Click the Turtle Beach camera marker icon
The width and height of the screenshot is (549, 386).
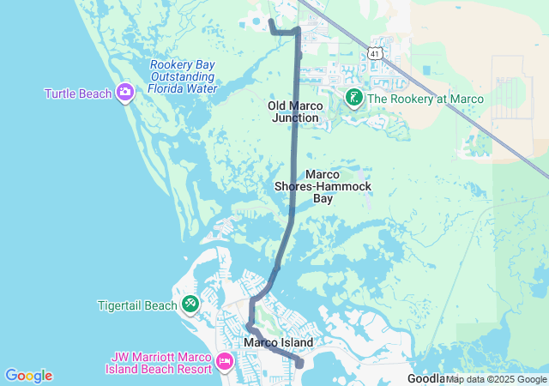pyautogui.click(x=125, y=92)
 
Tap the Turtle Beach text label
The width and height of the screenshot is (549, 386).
pyautogui.click(x=78, y=93)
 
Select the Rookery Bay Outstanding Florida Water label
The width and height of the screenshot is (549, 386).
pyautogui.click(x=183, y=76)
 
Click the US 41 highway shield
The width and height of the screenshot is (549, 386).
pyautogui.click(x=374, y=53)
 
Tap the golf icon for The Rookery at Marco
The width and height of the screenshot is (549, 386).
pyautogui.click(x=353, y=99)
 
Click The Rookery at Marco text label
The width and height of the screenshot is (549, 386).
pyautogui.click(x=425, y=100)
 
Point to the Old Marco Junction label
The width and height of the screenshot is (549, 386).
pyautogui.click(x=296, y=112)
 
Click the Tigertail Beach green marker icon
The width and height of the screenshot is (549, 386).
pyautogui.click(x=190, y=304)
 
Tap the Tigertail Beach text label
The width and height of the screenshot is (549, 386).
pyautogui.click(x=138, y=304)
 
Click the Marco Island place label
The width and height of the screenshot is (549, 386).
pyautogui.click(x=278, y=342)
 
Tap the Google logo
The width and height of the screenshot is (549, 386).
pyautogui.click(x=28, y=376)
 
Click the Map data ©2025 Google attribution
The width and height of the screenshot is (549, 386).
pyautogui.click(x=496, y=379)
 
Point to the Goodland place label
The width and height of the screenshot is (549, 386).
pyautogui.click(x=425, y=378)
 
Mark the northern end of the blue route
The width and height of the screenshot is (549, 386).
pyautogui.click(x=270, y=19)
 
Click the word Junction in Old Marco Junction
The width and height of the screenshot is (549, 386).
pyautogui.click(x=296, y=118)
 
